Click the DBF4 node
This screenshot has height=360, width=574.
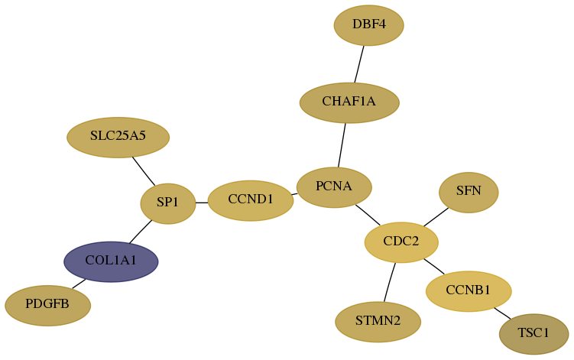coord(368,25)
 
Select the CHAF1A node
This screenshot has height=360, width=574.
coord(349,103)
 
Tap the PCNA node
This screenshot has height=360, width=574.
coord(334,187)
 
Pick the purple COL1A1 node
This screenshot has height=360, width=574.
coord(111,261)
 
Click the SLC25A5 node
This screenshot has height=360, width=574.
coord(118,138)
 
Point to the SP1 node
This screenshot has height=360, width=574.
coord(168,203)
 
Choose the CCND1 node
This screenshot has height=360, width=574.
coord(251,201)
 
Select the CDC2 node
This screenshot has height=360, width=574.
coord(401,242)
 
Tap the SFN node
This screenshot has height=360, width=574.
coord(469,193)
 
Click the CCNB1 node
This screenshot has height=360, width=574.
coord(469,291)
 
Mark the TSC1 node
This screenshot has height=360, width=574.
coord(533,334)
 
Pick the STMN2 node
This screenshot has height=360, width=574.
coord(378,322)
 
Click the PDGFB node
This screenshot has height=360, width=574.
coord(47,306)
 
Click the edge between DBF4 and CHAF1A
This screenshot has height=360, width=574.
coord(359,64)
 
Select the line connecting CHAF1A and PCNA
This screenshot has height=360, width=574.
coord(342,145)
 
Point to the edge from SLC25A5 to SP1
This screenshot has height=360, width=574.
coord(144,171)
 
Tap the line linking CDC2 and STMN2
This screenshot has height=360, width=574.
coord(390,282)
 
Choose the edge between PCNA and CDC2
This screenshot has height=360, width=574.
coord(368,215)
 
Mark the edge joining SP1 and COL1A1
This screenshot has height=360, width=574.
coord(141,232)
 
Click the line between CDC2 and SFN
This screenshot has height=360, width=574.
coord(436,217)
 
